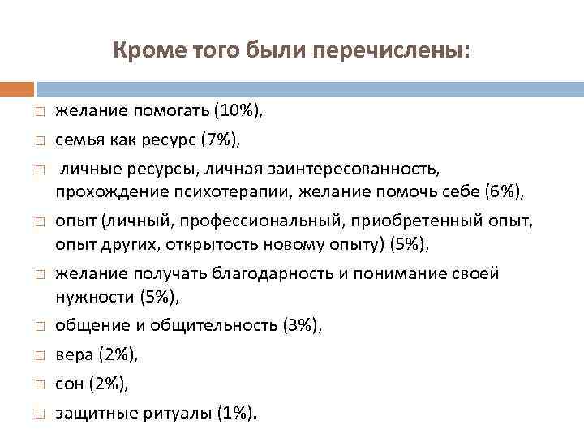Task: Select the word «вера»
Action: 72,354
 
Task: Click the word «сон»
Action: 69,383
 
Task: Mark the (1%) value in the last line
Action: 235,413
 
